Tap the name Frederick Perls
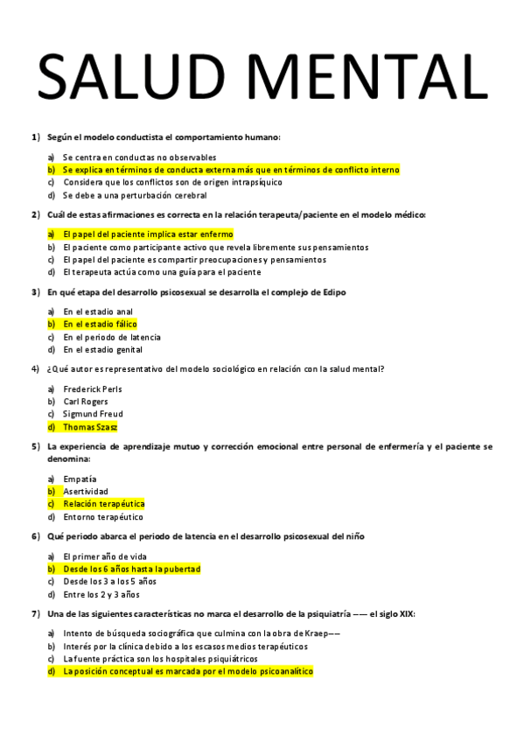[93, 388]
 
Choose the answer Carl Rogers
[86, 401]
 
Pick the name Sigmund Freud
[93, 414]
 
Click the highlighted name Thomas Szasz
[90, 427]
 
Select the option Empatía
[80, 479]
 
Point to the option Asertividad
[86, 492]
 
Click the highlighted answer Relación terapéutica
[103, 504]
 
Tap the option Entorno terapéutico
[102, 517]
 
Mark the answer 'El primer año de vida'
[104, 556]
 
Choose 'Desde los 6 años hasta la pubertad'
[131, 569]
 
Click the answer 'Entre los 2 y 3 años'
[101, 594]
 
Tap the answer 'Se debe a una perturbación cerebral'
[135, 195]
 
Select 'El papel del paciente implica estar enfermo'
[148, 234]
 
